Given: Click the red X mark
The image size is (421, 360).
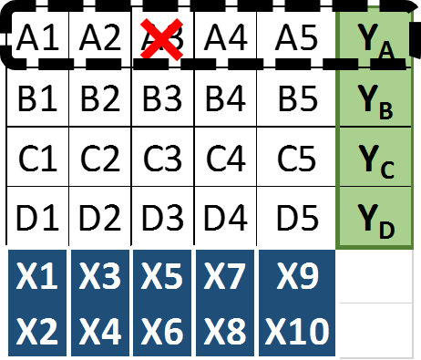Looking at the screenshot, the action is click(163, 41).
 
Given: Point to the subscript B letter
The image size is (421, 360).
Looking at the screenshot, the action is click(386, 111).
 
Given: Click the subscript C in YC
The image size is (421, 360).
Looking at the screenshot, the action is click(386, 170).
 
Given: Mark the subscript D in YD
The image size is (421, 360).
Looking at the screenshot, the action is click(386, 228).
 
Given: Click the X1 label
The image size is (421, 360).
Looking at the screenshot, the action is click(37, 276).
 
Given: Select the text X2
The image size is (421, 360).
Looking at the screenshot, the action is click(37, 332).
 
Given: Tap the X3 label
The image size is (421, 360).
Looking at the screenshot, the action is click(100, 276).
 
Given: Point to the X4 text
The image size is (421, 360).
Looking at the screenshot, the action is click(100, 332).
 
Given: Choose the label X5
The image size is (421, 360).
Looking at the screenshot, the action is click(162, 276).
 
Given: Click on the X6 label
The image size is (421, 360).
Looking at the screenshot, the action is click(162, 332).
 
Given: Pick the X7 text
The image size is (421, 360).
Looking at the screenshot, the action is click(224, 276).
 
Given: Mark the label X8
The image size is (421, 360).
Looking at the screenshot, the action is click(224, 332).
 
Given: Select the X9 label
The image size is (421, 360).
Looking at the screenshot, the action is click(297, 276).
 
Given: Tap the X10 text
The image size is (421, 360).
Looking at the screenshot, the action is click(297, 332).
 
